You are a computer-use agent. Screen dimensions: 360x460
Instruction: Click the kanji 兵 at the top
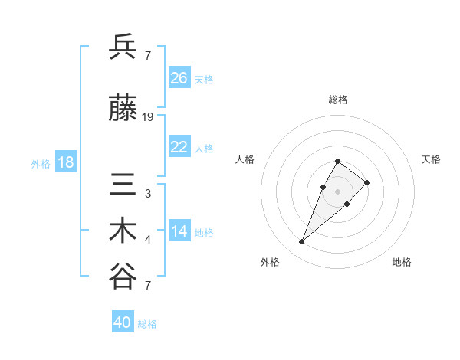click(123, 47)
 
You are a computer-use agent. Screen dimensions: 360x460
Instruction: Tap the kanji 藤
click(123, 110)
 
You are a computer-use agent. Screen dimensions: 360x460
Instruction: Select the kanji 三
click(123, 185)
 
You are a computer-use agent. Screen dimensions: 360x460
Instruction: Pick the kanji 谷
click(123, 277)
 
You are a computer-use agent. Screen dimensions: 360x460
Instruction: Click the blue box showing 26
click(179, 78)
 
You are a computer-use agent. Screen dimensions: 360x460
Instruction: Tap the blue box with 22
click(179, 147)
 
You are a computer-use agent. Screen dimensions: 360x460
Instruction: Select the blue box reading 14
click(179, 231)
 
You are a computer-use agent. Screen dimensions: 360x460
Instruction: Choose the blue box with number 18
click(65, 162)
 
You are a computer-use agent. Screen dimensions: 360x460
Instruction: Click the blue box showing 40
click(123, 322)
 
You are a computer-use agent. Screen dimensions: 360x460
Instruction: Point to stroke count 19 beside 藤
click(148, 117)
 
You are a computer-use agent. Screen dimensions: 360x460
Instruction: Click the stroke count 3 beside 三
click(148, 194)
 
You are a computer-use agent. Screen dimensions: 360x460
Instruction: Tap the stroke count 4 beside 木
click(148, 240)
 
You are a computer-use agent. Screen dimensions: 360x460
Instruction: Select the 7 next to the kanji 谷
click(148, 286)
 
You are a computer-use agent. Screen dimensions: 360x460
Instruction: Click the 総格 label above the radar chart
click(338, 100)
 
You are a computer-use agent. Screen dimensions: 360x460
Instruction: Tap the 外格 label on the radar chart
click(270, 262)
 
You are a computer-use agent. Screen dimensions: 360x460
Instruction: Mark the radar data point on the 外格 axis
click(302, 242)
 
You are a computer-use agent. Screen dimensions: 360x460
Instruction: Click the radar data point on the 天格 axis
click(367, 182)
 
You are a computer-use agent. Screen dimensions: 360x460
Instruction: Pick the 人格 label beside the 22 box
click(204, 148)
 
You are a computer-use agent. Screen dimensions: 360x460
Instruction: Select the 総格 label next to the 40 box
click(147, 324)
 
